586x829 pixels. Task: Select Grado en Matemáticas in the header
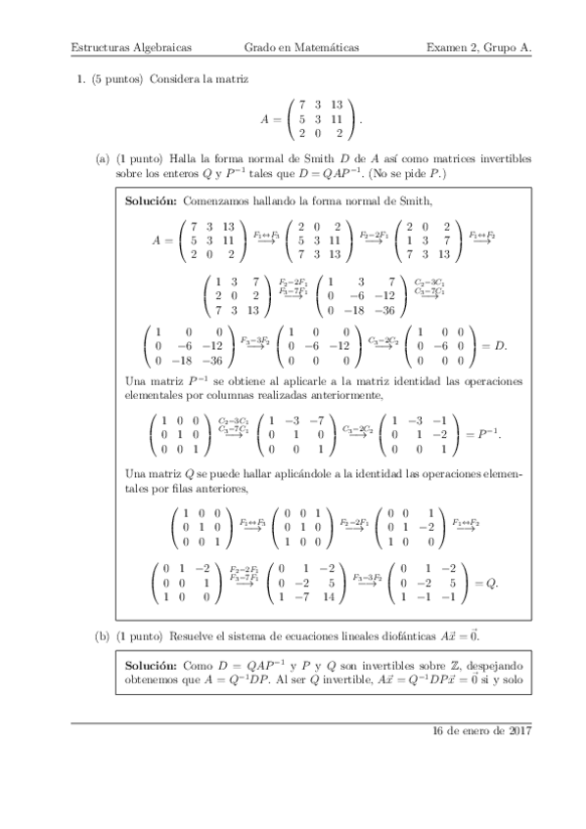click(301, 47)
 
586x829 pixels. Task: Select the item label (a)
click(102, 158)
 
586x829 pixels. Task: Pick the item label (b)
click(102, 636)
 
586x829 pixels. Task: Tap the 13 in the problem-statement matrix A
click(337, 103)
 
